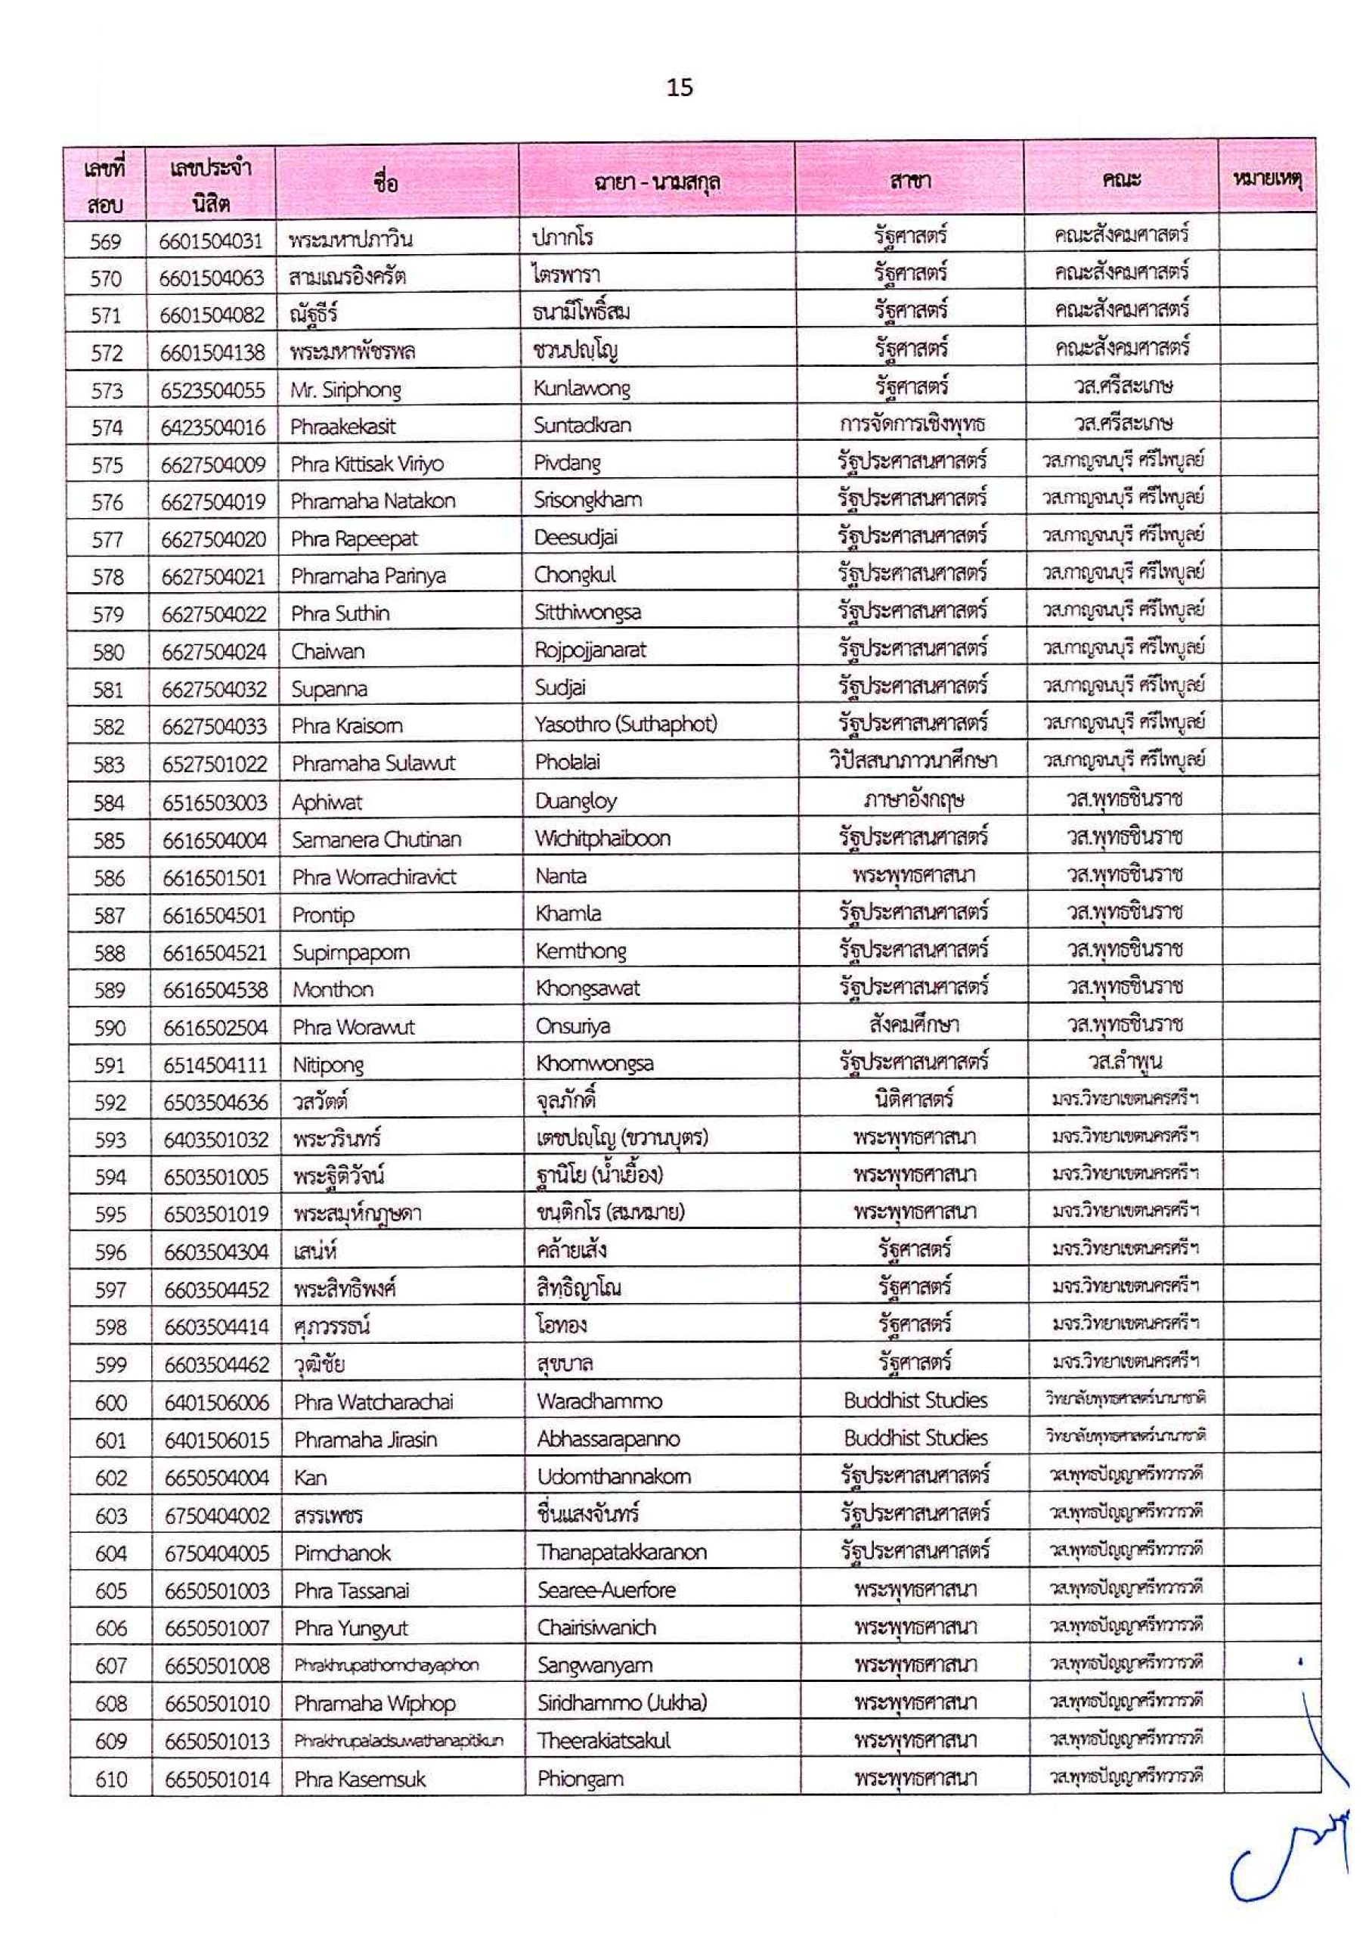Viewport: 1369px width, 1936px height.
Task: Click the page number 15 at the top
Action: [x=680, y=88]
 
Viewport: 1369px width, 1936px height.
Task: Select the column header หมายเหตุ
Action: [x=1267, y=179]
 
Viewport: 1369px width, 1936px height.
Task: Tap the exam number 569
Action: [x=107, y=242]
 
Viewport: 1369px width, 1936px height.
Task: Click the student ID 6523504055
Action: [x=212, y=390]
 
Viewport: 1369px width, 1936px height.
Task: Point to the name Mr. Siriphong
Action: [x=345, y=390]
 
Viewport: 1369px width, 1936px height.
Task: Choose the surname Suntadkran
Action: [x=581, y=425]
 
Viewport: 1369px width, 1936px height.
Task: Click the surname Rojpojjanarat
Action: [x=591, y=650]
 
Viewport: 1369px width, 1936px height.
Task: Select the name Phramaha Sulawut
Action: [x=373, y=763]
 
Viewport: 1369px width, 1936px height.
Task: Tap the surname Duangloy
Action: [x=576, y=800]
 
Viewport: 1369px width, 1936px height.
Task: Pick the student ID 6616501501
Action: [x=215, y=878]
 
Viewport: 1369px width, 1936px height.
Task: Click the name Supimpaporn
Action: [x=351, y=953]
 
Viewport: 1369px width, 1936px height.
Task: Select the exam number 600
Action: [x=110, y=1403]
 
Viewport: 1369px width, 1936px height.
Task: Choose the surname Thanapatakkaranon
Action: [x=622, y=1553]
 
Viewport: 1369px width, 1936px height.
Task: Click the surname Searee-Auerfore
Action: [x=606, y=1590]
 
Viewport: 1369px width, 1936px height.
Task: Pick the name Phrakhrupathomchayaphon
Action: [x=386, y=1665]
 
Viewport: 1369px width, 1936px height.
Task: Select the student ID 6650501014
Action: [x=217, y=1779]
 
